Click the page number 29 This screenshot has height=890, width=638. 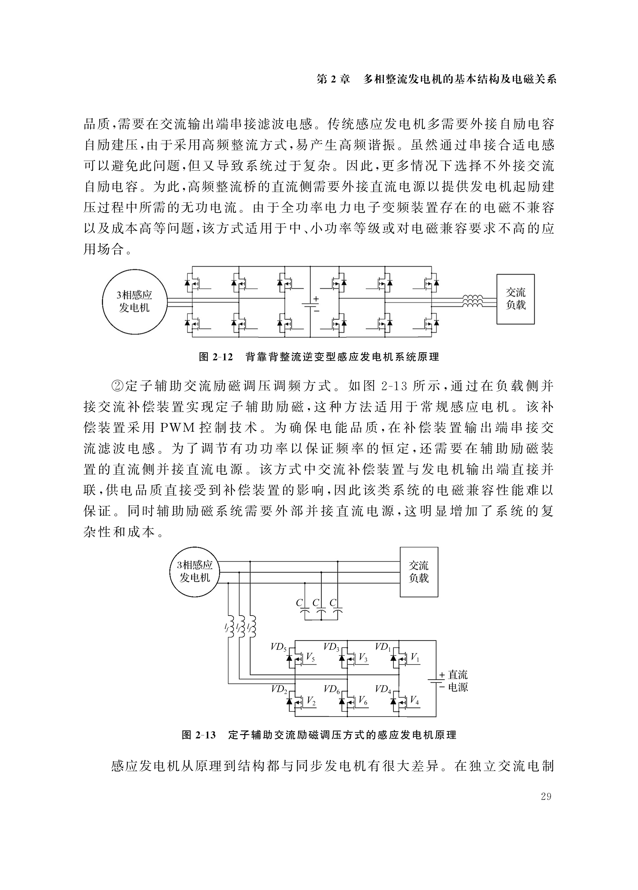(546, 796)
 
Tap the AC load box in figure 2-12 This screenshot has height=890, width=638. (515, 299)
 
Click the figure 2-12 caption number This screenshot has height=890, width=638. (216, 357)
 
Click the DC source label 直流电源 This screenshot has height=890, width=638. (458, 681)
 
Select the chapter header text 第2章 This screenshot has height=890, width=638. (333, 79)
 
